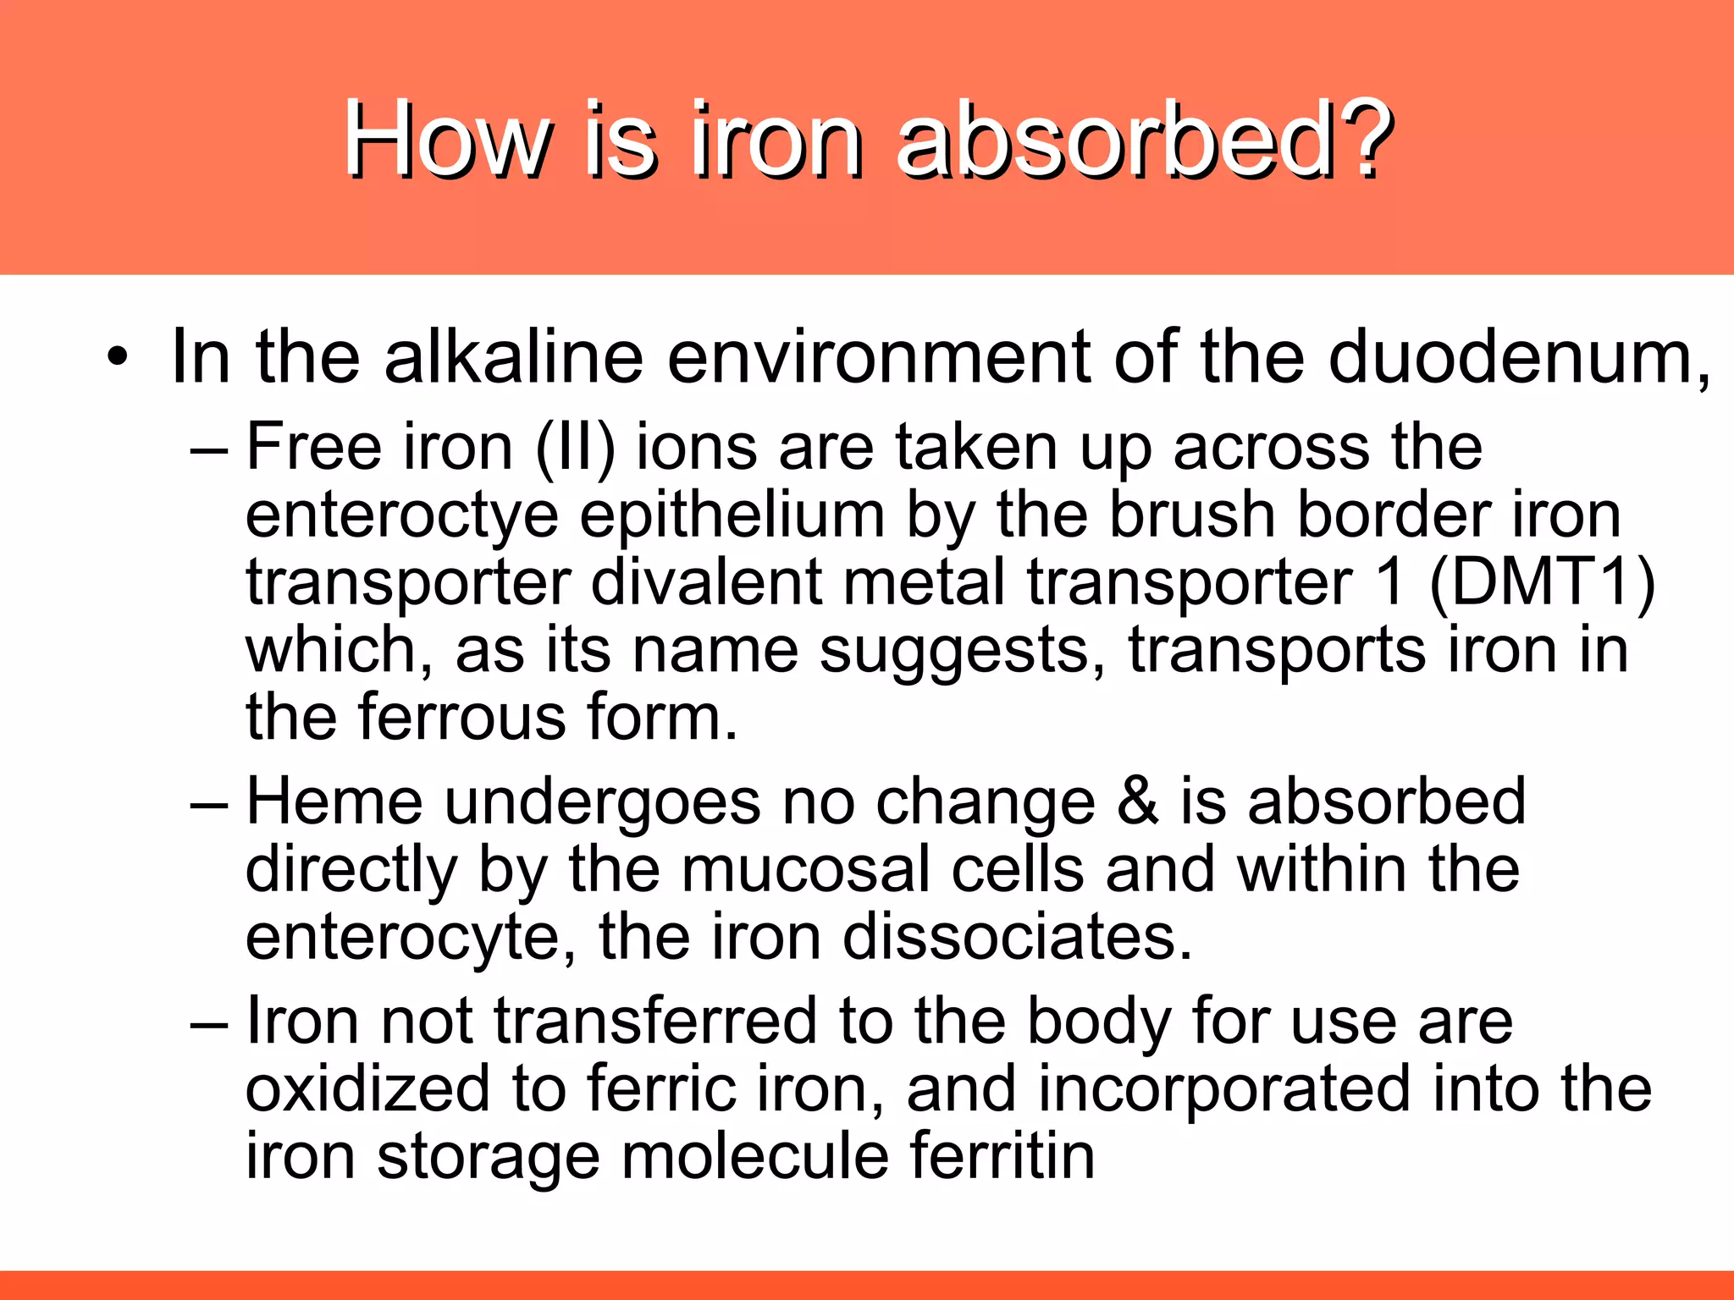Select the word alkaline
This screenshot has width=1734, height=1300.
click(x=513, y=357)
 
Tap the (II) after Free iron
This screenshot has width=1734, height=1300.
click(x=576, y=449)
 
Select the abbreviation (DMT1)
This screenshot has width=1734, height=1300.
click(x=1541, y=584)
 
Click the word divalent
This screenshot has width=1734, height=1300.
click(x=707, y=584)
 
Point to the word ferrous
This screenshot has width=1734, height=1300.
click(x=462, y=718)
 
